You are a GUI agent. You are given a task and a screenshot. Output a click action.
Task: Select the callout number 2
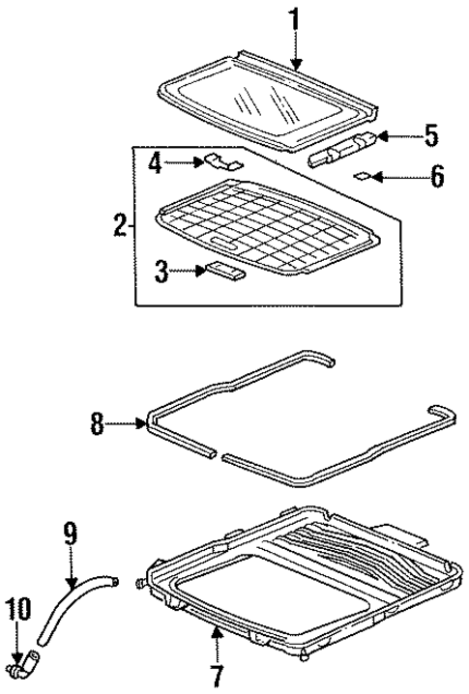pyautogui.click(x=119, y=227)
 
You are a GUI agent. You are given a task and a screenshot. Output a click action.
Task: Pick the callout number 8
pyautogui.click(x=97, y=423)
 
